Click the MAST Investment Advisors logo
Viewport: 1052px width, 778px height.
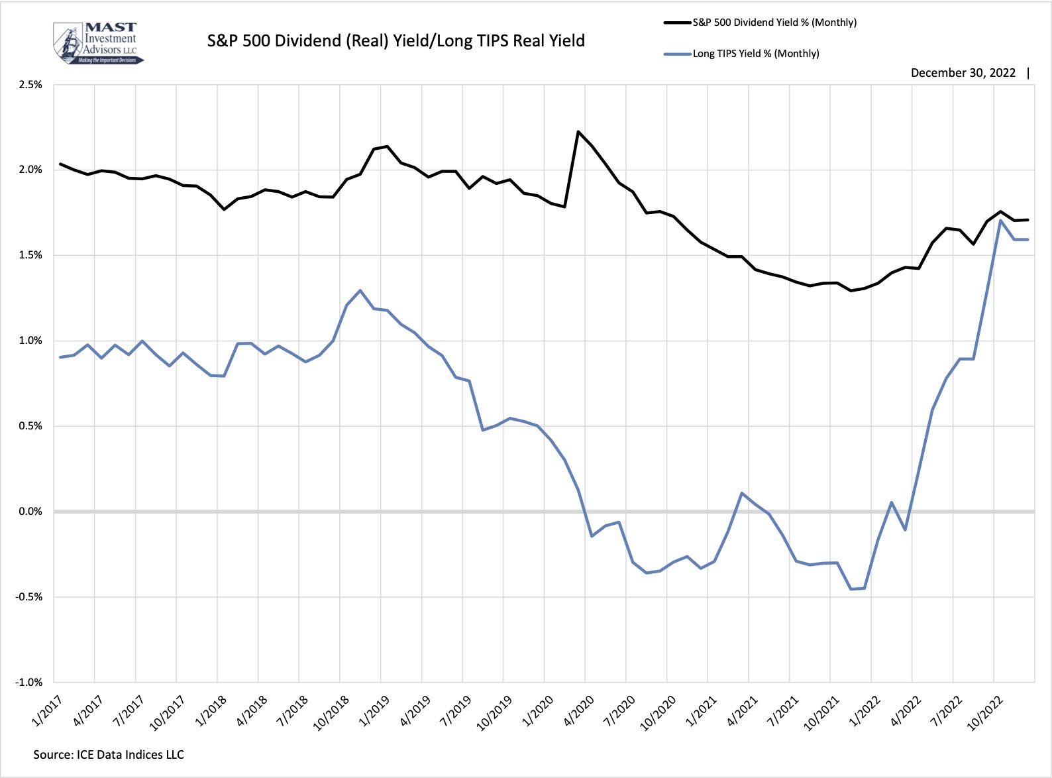pos(97,43)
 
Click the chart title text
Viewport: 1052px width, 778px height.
pos(395,41)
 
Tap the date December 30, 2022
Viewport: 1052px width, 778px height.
pos(963,73)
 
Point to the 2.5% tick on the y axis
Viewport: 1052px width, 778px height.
pos(30,85)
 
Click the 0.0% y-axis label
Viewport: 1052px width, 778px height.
pos(30,512)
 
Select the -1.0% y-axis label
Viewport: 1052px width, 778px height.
pos(29,683)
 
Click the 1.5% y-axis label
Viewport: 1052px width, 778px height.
pos(30,255)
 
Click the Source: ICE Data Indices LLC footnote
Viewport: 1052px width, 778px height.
pos(109,755)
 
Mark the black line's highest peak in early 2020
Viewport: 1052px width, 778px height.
pos(578,132)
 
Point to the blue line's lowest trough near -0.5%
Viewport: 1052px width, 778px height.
pos(851,589)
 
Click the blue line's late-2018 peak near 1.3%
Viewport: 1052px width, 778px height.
pos(360,290)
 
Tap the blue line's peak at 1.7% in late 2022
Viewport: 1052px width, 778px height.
pos(1000,221)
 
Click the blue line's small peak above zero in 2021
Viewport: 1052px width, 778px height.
pos(742,493)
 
